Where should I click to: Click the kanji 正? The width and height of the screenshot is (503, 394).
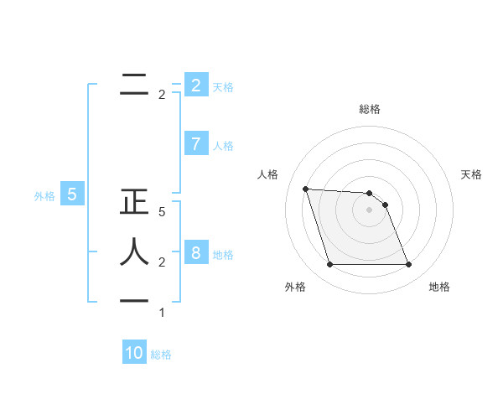[x=134, y=205]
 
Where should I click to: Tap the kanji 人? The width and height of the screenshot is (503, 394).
[x=134, y=251]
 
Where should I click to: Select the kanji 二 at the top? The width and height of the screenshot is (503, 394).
[x=134, y=85]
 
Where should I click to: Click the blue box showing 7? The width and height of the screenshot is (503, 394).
[x=195, y=144]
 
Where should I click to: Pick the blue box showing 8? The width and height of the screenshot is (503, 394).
[x=195, y=253]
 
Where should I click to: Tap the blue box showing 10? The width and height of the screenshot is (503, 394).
[x=134, y=353]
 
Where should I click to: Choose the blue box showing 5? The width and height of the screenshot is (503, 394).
[x=72, y=195]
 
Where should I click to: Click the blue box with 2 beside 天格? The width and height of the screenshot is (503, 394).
[x=195, y=86]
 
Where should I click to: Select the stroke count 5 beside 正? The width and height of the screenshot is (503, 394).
[x=162, y=213]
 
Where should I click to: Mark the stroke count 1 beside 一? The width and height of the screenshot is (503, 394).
[x=162, y=313]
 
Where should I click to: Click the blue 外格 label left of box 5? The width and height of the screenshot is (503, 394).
[x=44, y=196]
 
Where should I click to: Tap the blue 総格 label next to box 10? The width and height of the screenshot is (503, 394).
[x=161, y=355]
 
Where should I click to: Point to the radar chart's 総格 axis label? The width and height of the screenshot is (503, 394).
[x=369, y=109]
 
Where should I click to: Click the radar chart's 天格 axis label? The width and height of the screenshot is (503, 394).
[x=471, y=174]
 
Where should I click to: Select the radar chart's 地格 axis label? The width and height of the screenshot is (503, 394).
[x=439, y=287]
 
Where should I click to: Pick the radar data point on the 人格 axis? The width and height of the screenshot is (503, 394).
[x=305, y=189]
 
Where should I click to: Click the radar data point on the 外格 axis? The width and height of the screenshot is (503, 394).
[x=329, y=265]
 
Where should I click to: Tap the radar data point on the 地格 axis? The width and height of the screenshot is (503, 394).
[x=408, y=265]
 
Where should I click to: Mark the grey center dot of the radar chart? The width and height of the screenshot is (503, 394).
[x=369, y=210]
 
